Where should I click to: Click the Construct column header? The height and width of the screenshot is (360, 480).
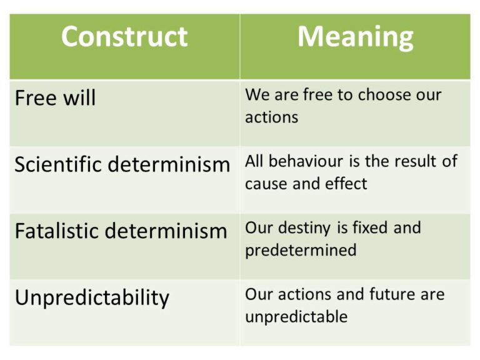pyautogui.click(x=124, y=36)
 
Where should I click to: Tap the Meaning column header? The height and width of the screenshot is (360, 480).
pyautogui.click(x=355, y=36)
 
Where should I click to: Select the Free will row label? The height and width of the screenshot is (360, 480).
pyautogui.click(x=55, y=98)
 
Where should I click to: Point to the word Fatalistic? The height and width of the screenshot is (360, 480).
pyautogui.click(x=56, y=231)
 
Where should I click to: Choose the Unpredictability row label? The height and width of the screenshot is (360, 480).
pyautogui.click(x=92, y=297)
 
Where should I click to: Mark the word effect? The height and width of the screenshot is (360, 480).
pyautogui.click(x=347, y=184)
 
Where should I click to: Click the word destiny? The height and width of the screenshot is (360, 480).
pyautogui.click(x=303, y=227)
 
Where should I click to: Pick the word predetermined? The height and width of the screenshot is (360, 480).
pyautogui.click(x=301, y=251)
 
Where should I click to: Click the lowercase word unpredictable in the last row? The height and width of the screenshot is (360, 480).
pyautogui.click(x=296, y=316)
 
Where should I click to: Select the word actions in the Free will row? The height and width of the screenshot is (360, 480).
pyautogui.click(x=271, y=117)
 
